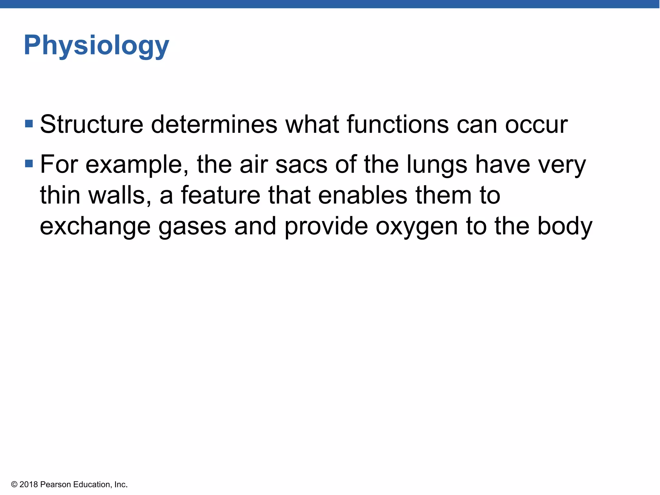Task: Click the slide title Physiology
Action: [x=96, y=46]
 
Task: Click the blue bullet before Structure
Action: [x=29, y=124]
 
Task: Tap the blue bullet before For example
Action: [x=29, y=164]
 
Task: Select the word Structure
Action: [x=92, y=124]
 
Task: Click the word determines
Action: [x=214, y=124]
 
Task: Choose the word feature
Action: [x=220, y=195]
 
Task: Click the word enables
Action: [x=363, y=195]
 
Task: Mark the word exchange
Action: [x=95, y=226]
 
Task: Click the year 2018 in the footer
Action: [x=29, y=484]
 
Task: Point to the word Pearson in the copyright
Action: [x=55, y=484]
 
